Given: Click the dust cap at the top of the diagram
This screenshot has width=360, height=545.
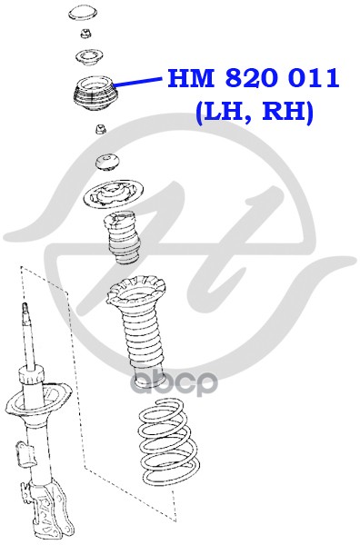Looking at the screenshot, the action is (x=82, y=13).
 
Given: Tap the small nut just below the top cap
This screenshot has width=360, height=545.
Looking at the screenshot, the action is (x=85, y=35).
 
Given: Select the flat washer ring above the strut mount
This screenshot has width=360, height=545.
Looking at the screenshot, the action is (x=88, y=57).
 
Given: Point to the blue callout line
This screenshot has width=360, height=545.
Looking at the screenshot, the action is (x=137, y=82).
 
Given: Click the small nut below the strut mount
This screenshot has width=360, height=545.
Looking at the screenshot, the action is (x=101, y=129).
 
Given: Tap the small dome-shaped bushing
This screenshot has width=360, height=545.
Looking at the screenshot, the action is (x=108, y=162).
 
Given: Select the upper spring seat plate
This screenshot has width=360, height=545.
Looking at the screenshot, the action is (x=114, y=194).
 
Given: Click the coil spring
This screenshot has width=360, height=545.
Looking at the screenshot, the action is (x=168, y=441).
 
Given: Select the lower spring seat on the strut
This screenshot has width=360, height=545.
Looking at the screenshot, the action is (x=38, y=400).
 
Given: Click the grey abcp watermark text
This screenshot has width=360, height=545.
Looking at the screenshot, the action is (x=174, y=382).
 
